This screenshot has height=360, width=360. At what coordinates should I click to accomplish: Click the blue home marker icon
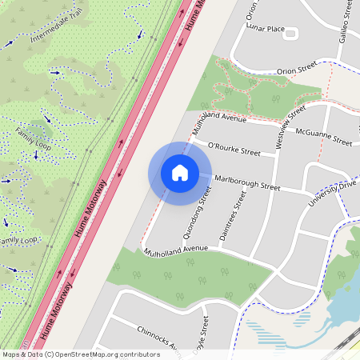click(x=179, y=173)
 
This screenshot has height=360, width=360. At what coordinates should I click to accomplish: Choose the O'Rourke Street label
click(x=234, y=150)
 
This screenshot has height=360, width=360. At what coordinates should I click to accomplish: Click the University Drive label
click(x=336, y=189)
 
